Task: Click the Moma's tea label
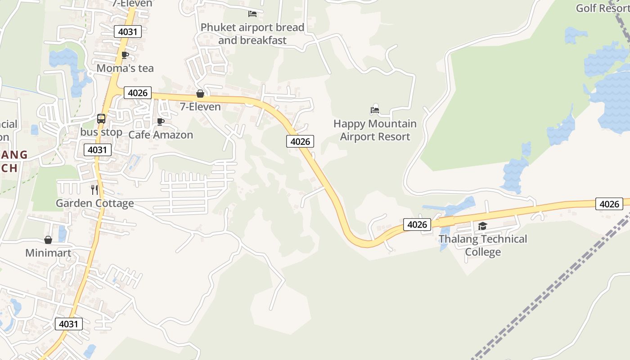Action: point(125,68)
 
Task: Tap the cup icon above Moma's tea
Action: point(125,55)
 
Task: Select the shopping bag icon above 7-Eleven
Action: point(200,94)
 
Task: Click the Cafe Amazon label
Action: point(161,135)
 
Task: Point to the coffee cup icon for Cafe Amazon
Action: point(160,121)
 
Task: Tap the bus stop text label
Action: point(101,132)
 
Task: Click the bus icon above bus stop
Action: point(101,119)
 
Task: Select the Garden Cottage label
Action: point(94,203)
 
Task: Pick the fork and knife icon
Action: point(94,190)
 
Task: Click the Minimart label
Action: point(48,253)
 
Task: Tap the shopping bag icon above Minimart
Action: point(48,240)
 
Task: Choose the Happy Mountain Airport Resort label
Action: point(375,130)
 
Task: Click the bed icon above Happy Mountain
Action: point(375,109)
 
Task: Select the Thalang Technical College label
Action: point(483,245)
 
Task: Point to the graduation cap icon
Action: point(483,226)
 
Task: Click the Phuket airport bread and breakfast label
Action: point(252,34)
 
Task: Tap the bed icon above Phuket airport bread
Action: point(252,14)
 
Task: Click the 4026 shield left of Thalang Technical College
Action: point(417,224)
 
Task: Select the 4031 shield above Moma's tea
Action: point(128,31)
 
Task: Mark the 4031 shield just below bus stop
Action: point(97,149)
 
